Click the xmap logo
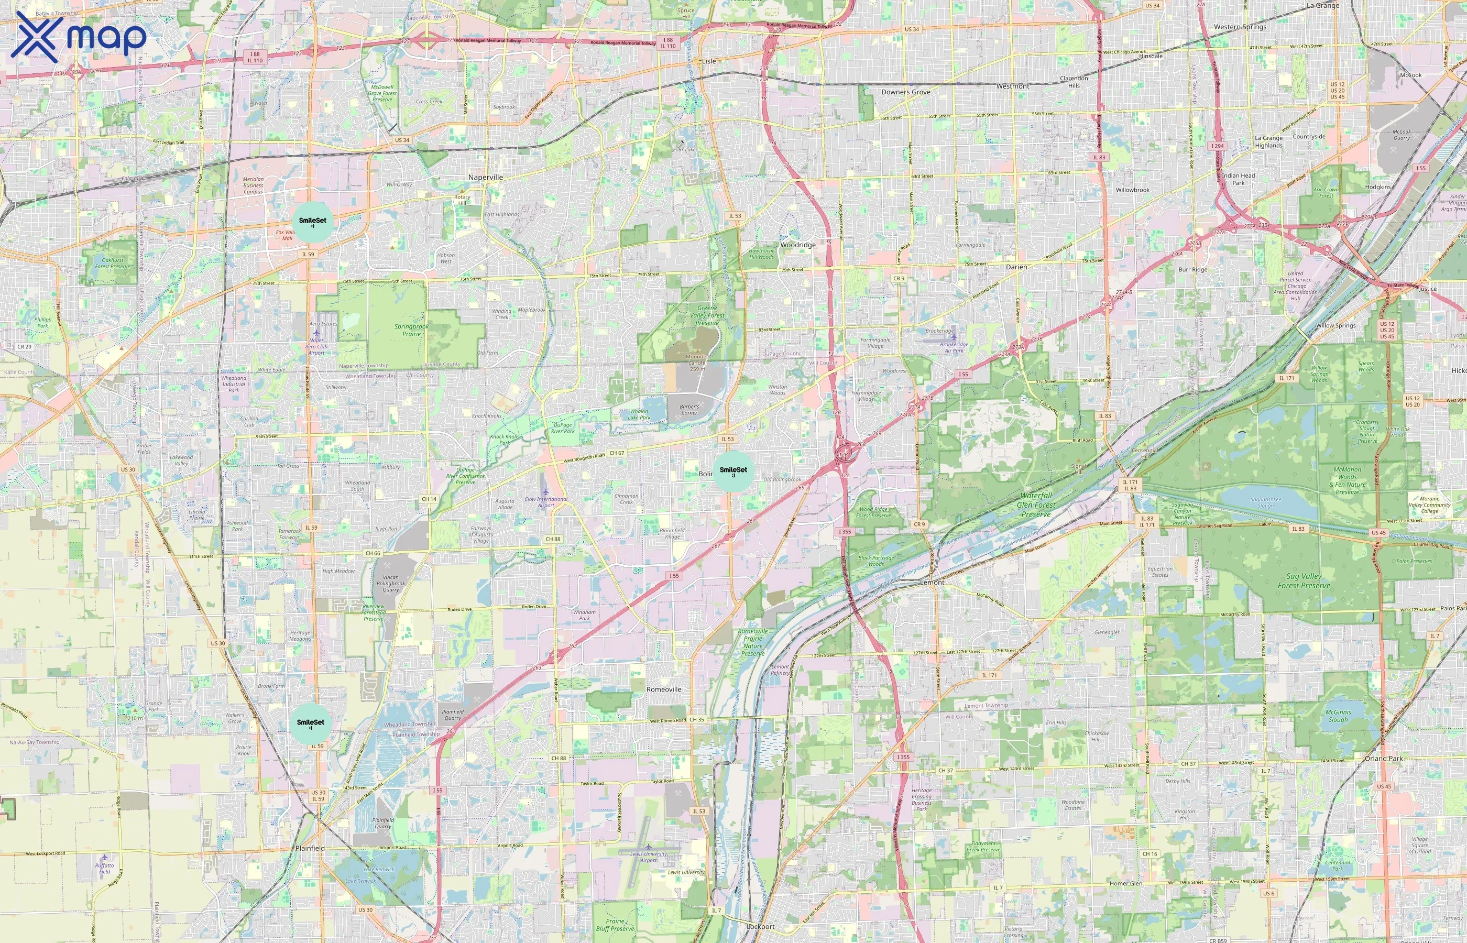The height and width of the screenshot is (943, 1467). click(x=79, y=37)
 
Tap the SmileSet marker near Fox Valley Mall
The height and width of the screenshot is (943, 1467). click(x=313, y=222)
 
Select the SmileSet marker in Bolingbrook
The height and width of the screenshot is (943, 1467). click(x=733, y=471)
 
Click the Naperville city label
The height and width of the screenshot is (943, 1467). click(x=486, y=178)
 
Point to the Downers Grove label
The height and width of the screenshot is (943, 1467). click(x=905, y=92)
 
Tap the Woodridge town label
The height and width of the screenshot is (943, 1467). click(x=798, y=245)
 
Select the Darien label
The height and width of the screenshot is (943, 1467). click(x=1016, y=267)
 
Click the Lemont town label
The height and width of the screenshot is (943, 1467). click(x=932, y=583)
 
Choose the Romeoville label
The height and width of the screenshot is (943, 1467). click(x=664, y=689)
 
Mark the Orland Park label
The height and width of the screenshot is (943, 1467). click(x=1383, y=758)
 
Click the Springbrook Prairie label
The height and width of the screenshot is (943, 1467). click(x=411, y=330)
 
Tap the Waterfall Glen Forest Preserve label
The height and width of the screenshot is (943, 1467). click(x=1036, y=505)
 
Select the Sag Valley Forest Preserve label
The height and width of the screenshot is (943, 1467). click(x=1304, y=580)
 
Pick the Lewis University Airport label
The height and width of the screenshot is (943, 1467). click(x=649, y=857)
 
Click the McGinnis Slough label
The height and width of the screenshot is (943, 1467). click(x=1338, y=716)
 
